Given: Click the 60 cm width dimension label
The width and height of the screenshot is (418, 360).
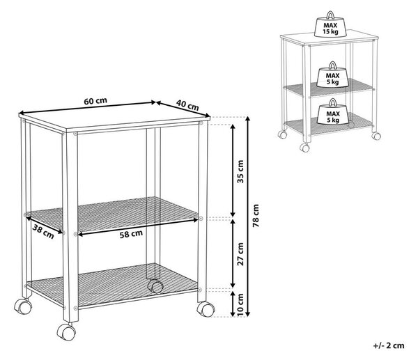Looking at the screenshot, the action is click(95, 101).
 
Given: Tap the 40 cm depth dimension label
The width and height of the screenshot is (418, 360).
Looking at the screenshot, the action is click(187, 105).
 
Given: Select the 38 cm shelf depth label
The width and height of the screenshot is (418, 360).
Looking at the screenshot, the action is click(43, 231).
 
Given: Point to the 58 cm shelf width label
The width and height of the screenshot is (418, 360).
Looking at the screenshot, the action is click(131, 234).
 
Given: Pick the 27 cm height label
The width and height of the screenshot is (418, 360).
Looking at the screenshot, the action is click(240, 253).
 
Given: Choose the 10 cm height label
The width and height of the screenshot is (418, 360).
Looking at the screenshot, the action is click(240, 304).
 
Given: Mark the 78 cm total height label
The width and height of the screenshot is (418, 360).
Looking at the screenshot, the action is click(256, 216).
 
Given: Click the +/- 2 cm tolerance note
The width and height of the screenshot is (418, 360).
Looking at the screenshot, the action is click(389, 345).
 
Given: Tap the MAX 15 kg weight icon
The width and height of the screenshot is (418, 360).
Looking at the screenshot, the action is click(330, 24).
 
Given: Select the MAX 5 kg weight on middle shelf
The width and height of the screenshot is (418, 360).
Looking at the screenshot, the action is click(332, 75).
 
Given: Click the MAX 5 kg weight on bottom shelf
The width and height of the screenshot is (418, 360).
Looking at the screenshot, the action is click(333, 112).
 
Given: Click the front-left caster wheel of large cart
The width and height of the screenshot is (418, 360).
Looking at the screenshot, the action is click(66, 331).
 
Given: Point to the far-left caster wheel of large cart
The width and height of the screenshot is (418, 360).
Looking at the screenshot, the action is click(23, 306).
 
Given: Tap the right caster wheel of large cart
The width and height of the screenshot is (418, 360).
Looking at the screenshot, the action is click(206, 309).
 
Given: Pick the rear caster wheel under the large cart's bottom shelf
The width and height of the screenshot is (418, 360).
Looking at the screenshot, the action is click(155, 286).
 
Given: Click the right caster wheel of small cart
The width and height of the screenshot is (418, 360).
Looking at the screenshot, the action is click(376, 136).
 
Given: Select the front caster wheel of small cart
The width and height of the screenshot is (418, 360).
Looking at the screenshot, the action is click(304, 148).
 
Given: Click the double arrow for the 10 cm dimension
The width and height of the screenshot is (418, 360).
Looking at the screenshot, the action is click(233, 304).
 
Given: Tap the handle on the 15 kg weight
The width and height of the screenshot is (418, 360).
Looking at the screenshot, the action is click(330, 14).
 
